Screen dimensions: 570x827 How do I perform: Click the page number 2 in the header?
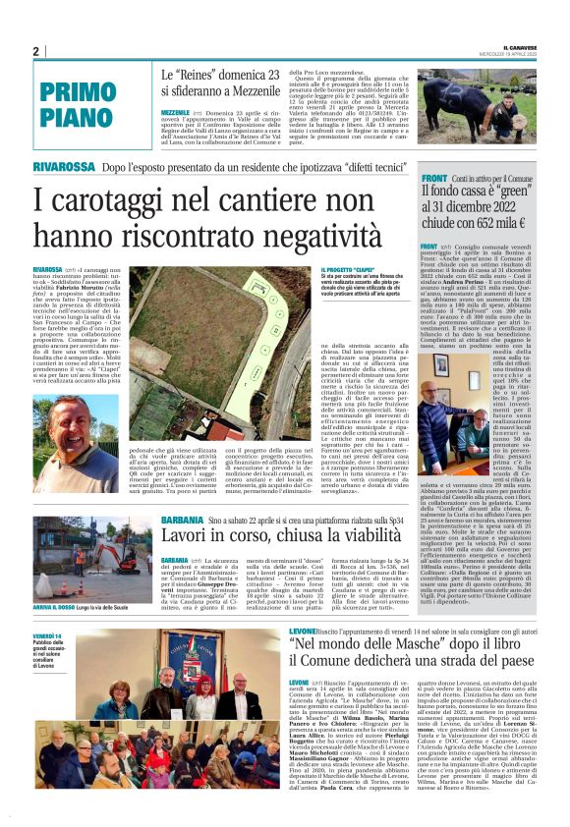tap(34, 51)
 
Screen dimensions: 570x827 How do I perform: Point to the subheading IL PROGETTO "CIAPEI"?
tap(348, 270)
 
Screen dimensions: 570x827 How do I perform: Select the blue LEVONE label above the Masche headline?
tap(302, 629)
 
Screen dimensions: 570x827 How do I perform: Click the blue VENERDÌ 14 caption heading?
tap(46, 637)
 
